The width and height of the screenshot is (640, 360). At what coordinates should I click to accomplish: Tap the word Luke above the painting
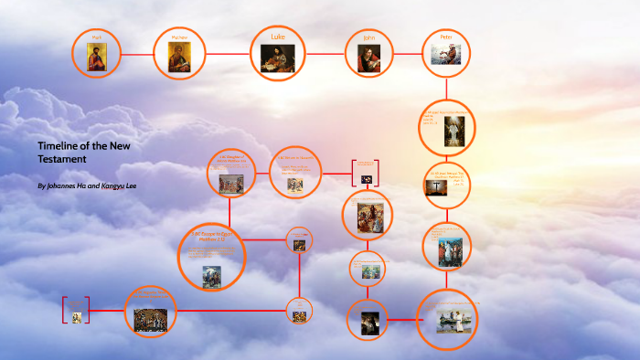278,37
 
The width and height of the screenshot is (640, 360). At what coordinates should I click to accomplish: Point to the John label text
368,38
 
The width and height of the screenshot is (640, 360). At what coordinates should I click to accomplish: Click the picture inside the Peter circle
446,55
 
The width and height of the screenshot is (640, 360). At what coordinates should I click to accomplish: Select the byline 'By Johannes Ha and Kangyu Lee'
87,185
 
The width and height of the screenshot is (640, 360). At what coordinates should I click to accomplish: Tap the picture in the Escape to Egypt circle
211,272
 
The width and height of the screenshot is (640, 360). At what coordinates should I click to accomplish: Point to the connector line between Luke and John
325,54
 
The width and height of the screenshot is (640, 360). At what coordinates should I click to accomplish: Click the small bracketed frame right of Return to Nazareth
366,174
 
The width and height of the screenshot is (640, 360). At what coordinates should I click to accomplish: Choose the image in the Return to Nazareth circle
294,184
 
